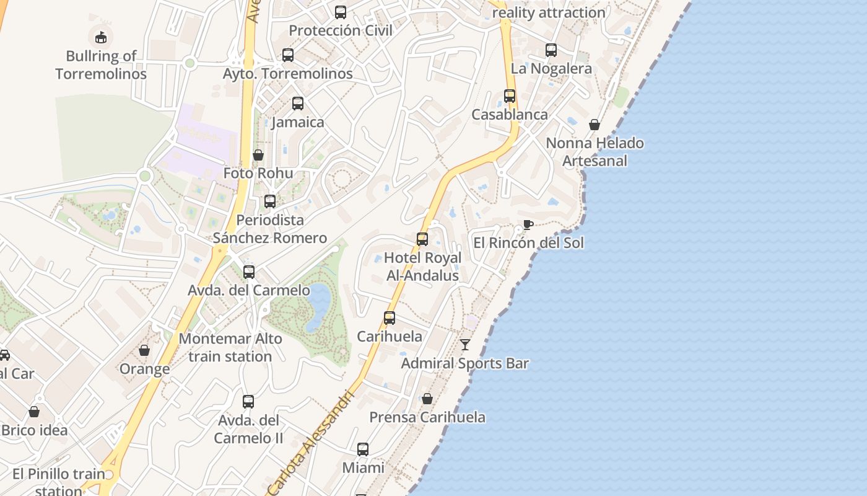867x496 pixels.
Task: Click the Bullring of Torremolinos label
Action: point(101,65)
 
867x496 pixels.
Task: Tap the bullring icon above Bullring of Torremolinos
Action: point(101,37)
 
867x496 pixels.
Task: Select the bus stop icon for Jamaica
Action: point(298,104)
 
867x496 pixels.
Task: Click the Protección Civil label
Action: point(341,30)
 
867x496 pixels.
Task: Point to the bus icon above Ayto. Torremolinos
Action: point(288,55)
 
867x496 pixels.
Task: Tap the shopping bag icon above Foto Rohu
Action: point(258,155)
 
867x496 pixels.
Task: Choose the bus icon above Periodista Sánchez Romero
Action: point(270,201)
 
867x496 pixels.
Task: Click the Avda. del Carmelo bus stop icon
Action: point(249,272)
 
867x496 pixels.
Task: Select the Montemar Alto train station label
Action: point(230,348)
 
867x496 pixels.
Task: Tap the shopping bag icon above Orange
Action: point(144,351)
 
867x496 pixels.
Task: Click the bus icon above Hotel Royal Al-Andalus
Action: point(422,239)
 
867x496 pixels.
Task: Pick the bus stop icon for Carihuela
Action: point(390,318)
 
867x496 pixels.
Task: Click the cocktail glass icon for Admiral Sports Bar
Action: point(465,345)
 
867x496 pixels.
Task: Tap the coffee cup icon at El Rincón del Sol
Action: point(528,224)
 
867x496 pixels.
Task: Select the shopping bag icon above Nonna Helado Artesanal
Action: point(595,125)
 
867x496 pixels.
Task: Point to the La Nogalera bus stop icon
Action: point(551,50)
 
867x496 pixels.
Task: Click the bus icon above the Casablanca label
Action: point(510,96)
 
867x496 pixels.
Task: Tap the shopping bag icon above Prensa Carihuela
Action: point(427,399)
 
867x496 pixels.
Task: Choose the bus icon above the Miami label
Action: point(363,449)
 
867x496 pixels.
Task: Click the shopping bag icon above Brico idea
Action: point(34,412)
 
